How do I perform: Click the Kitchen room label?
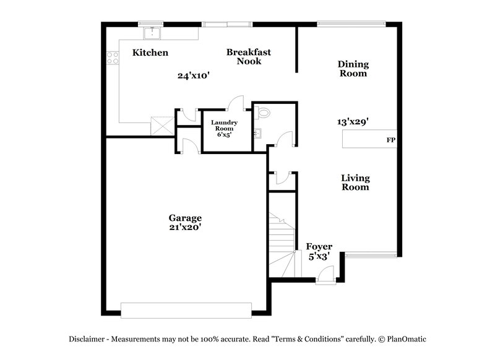(150, 53)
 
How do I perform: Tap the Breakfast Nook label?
(248, 56)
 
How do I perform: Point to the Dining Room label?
(353, 69)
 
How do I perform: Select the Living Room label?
(355, 182)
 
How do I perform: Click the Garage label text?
(185, 218)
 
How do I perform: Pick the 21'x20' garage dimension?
(185, 228)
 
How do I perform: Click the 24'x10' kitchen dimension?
(194, 75)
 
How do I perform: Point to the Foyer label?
(319, 246)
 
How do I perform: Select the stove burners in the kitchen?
(113, 58)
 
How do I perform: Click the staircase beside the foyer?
(281, 241)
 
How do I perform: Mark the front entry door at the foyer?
(325, 277)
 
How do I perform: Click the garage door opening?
(186, 310)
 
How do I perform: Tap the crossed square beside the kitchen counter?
(162, 126)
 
